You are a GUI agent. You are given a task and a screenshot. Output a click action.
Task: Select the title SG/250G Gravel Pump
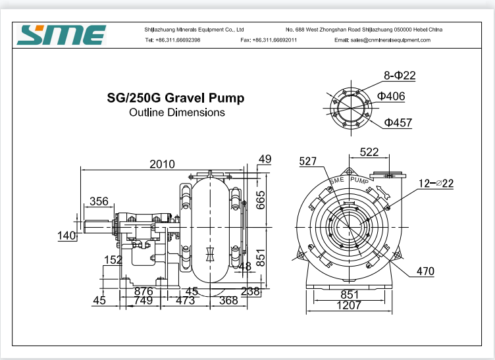[175, 98]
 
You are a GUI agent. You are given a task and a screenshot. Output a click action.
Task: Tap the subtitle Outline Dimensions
[176, 113]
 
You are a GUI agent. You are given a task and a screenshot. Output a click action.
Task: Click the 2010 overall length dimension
[163, 163]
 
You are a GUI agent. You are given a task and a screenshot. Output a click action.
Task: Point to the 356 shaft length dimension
[99, 201]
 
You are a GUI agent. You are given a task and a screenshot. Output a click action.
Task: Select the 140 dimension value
[67, 236]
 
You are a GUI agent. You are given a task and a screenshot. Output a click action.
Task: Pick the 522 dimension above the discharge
[369, 152]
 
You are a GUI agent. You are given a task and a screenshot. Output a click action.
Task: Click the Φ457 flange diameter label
[398, 122]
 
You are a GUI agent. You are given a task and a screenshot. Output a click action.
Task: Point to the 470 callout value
[426, 270]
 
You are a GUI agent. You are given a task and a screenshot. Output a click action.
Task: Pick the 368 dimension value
[228, 300]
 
